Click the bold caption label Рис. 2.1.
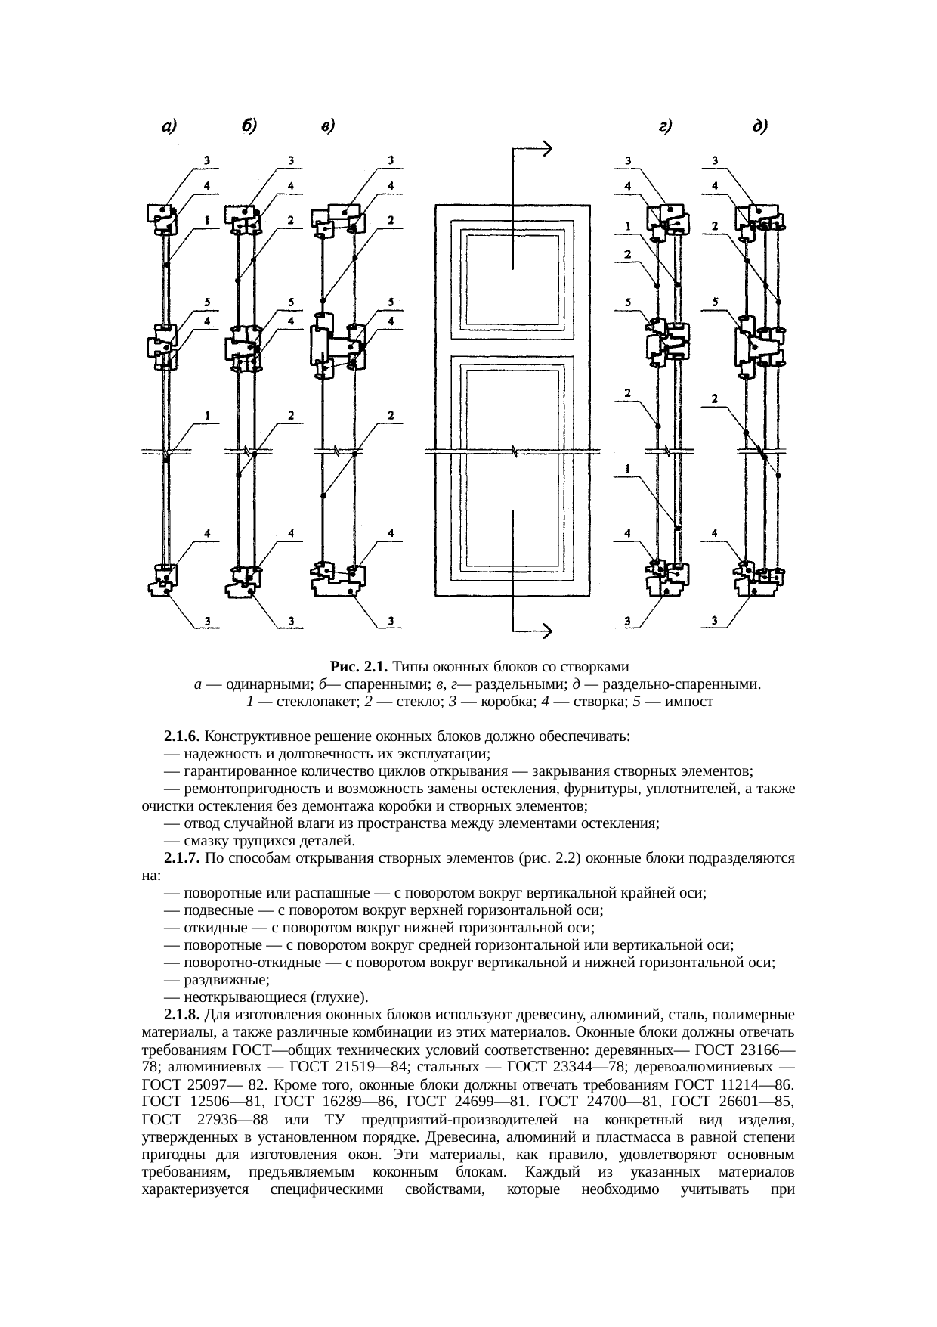[359, 667]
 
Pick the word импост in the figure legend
[689, 702]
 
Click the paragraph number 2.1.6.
[181, 736]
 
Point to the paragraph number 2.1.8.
[181, 1014]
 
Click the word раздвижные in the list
[225, 980]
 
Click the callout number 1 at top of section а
[206, 220]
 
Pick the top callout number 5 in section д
[714, 303]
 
